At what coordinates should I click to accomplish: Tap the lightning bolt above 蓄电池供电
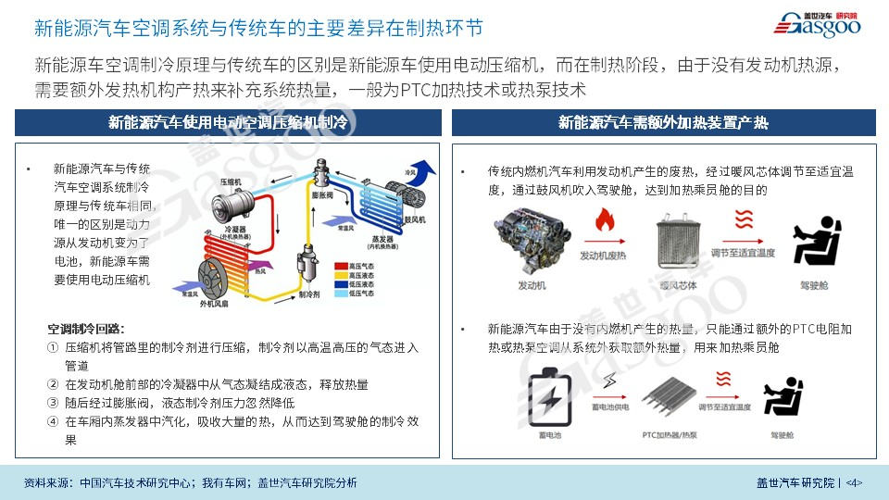pos(608,381)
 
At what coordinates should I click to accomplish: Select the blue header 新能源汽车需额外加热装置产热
pos(663,122)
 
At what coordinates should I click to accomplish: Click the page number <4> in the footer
pos(855,482)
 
